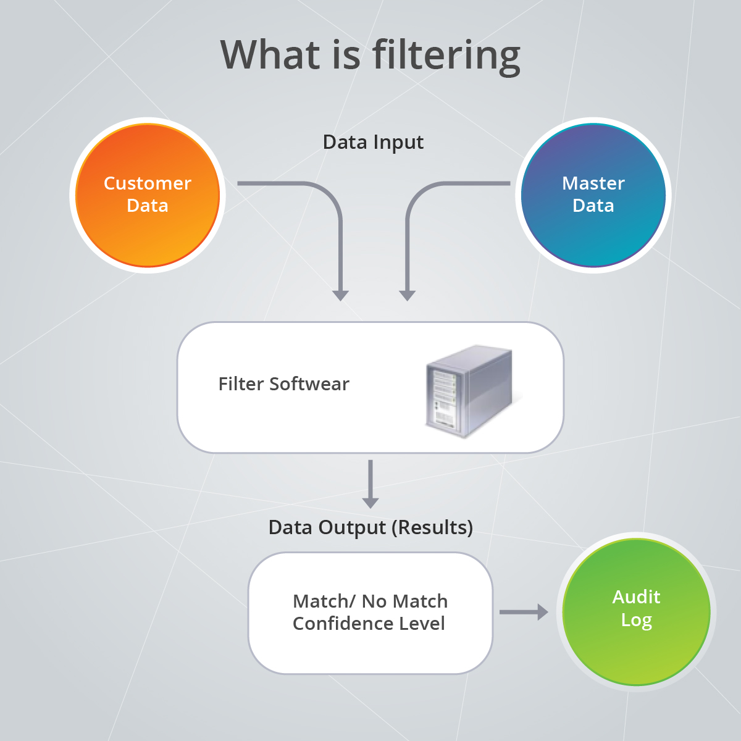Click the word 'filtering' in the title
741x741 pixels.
446,56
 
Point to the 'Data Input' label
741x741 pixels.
373,142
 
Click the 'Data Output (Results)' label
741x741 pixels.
371,527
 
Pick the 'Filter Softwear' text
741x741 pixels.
283,384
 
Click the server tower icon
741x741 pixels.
469,390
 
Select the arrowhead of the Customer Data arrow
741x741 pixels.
340,295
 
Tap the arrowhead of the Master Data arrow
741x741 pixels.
407,295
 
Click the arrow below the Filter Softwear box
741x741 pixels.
370,485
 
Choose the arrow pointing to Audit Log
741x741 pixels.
524,612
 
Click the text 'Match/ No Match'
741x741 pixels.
370,601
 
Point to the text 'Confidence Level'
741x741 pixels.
369,624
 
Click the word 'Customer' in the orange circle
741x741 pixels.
148,183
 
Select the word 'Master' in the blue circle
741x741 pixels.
593,183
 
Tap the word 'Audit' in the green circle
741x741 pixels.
636,597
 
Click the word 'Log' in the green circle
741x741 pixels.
636,620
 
